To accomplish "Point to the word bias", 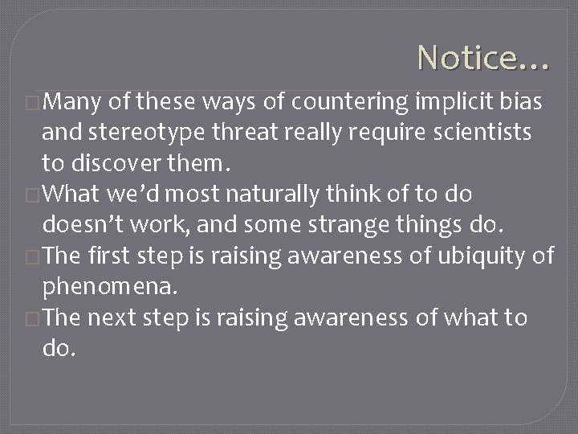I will (x=525, y=103).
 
